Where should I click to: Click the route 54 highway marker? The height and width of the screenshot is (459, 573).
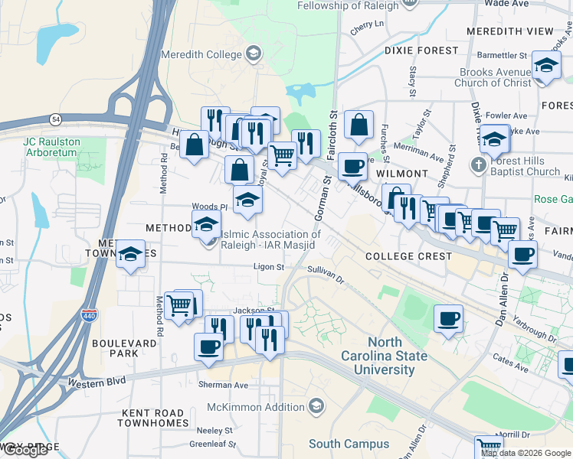[56, 119]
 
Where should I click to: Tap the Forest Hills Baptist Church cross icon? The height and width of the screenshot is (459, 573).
[477, 164]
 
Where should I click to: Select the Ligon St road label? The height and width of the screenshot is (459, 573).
[270, 268]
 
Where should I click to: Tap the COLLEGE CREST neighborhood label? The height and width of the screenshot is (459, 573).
[408, 256]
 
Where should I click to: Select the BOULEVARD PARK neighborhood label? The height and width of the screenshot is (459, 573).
[114, 348]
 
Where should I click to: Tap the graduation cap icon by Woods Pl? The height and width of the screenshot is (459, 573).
[247, 200]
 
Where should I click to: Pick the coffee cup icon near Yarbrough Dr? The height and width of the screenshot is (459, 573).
[448, 318]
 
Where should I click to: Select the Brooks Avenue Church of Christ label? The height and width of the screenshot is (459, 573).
[496, 77]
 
